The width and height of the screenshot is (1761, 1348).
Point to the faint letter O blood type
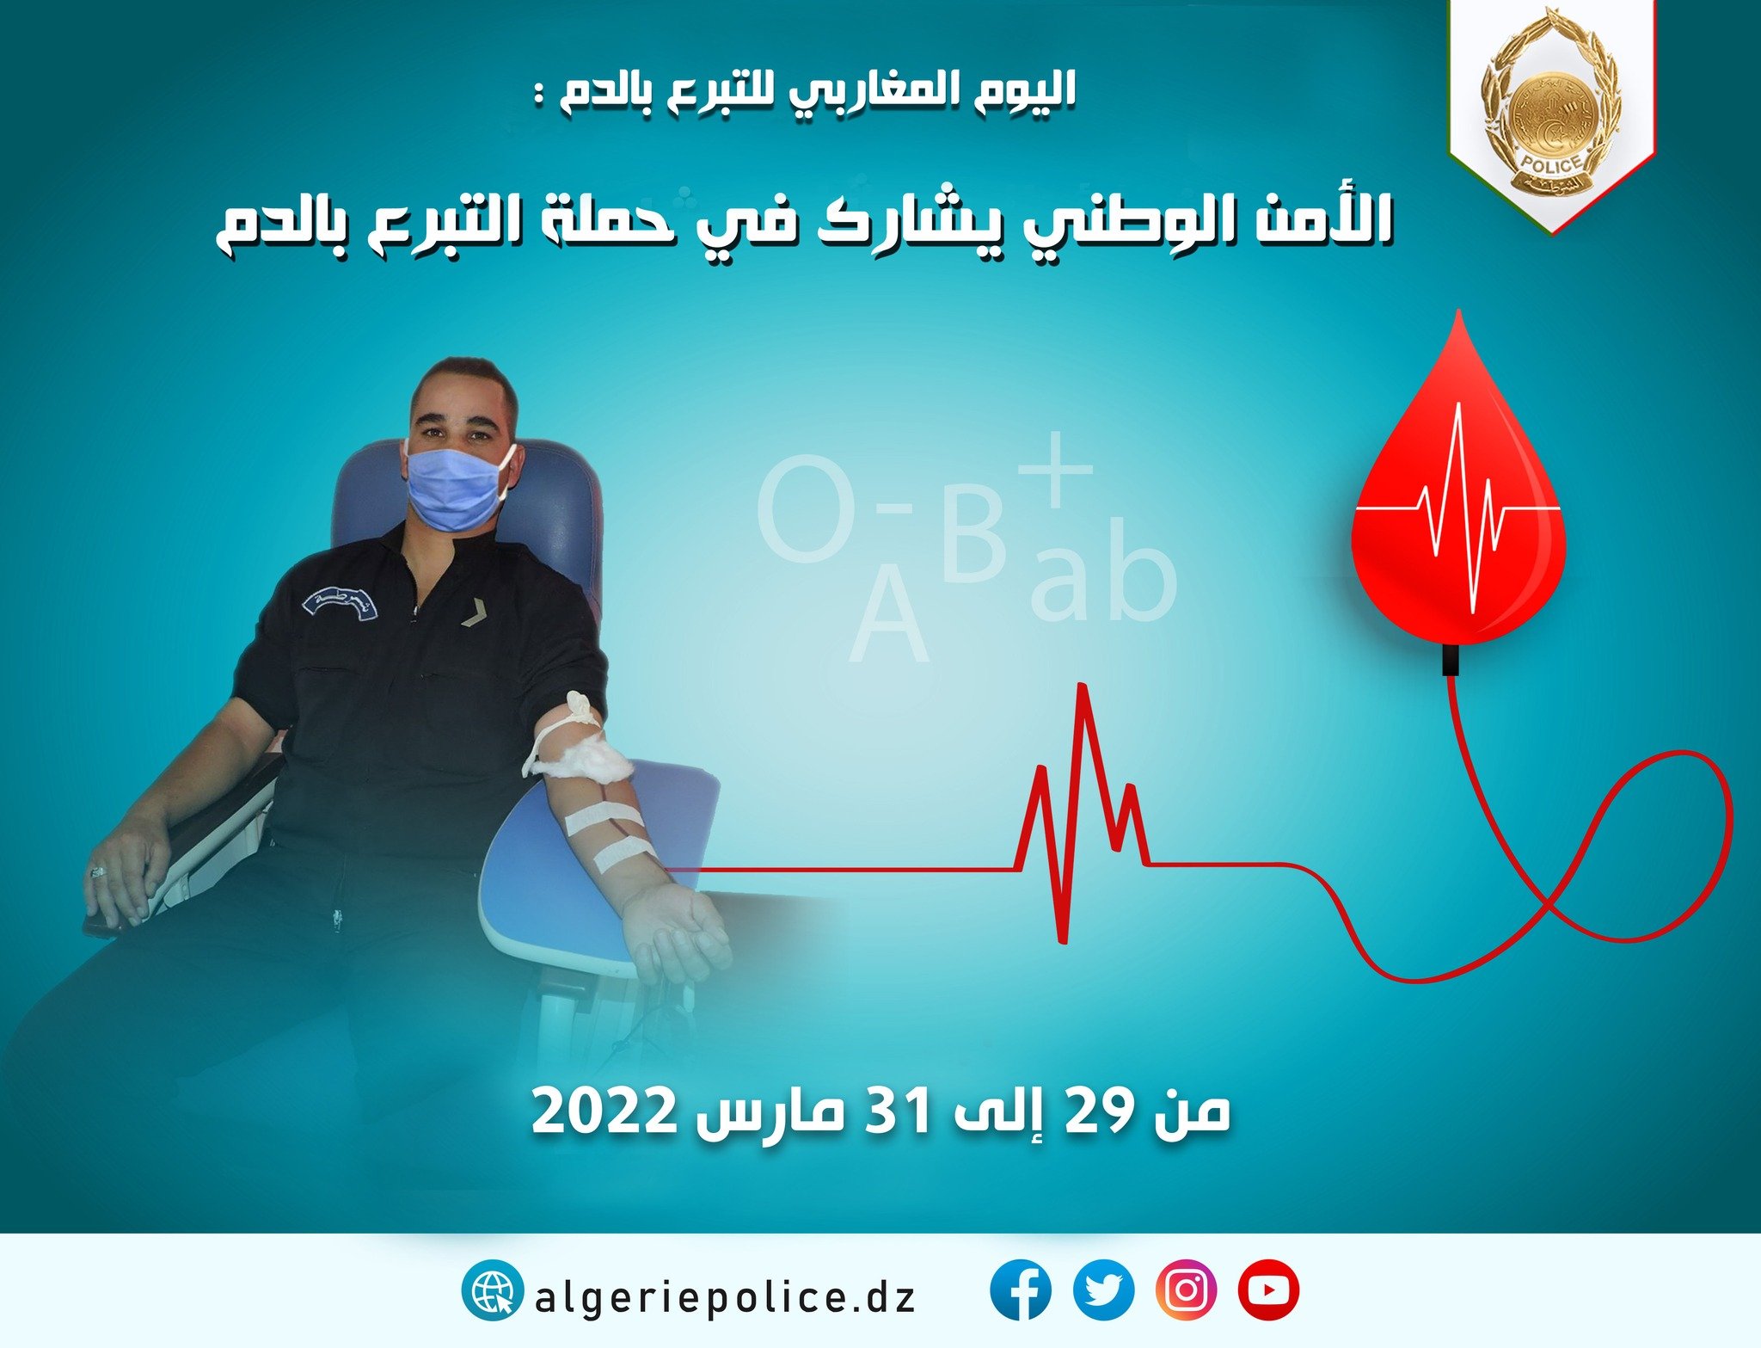tap(806, 509)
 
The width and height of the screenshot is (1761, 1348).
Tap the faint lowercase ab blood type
tap(1103, 569)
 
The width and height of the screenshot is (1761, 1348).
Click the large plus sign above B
tap(1057, 470)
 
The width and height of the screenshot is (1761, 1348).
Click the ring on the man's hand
tap(96, 872)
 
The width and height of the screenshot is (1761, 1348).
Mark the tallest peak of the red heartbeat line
tap(1083, 686)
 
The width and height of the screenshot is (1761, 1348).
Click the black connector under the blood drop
tap(1451, 659)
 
